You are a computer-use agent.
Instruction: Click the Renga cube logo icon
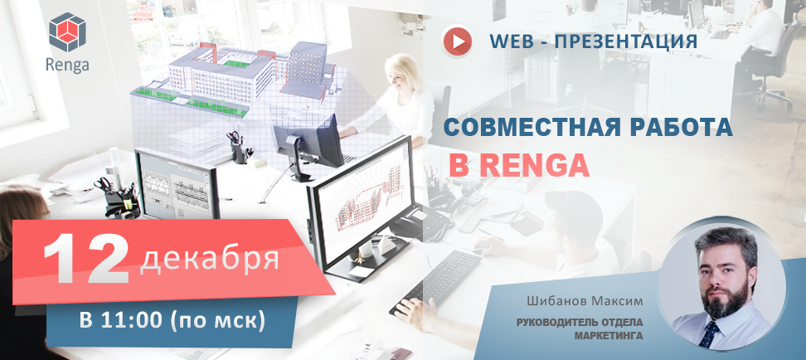[x=67, y=32]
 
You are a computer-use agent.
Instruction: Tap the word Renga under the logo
[x=67, y=65]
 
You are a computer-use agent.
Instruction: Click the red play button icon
[x=458, y=41]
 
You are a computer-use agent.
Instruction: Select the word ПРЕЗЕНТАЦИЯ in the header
[x=625, y=41]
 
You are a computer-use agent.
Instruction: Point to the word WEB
[x=512, y=41]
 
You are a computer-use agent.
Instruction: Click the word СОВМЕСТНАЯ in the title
[x=535, y=127]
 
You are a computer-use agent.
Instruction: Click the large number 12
[x=86, y=259]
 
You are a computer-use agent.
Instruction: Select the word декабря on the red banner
[x=210, y=259]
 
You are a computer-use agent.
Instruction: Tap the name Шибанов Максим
[x=585, y=299]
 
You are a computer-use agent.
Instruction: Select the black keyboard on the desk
[x=436, y=281]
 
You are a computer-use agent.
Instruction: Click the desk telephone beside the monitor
[x=420, y=221]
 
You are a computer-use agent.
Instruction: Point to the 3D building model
[x=231, y=77]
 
